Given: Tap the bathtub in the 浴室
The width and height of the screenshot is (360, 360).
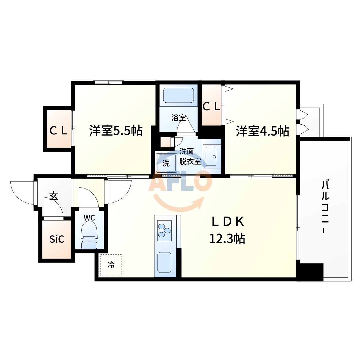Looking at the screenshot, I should pos(179,96).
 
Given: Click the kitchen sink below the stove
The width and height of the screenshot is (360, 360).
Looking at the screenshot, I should pos(164,262).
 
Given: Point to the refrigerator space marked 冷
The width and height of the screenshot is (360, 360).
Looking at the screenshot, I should pos(111,265).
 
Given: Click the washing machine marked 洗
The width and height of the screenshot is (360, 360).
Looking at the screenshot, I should pos(166,163).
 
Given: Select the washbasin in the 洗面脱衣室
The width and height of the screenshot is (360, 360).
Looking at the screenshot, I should pos(211,156).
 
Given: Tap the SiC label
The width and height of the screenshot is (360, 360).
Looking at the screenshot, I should pos(57,239).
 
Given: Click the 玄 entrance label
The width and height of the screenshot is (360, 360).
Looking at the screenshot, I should pos(54,196).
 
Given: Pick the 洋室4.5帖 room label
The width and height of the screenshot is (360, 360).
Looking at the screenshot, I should pos(262,131).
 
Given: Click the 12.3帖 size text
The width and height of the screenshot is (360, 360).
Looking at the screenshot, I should pos(227,239).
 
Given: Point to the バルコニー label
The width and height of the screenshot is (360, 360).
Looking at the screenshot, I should pos(325,207).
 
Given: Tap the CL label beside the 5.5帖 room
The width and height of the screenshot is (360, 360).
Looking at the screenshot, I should pos(58,130).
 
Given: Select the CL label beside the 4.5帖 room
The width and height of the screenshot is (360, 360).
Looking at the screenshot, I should pos(211,106).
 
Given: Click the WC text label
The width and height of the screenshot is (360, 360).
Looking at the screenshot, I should pos(89,218).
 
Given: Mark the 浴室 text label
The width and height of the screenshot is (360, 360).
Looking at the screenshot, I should pos(179,118).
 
